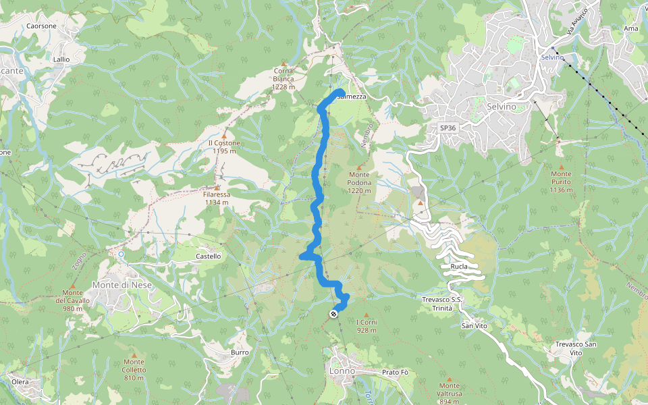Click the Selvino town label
coord(501,107)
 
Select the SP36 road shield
coord(448,128)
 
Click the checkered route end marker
coord(333,314)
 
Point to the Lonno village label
coord(342,371)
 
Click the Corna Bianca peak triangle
coord(284,63)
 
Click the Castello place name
coord(208,256)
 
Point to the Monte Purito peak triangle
coord(560,166)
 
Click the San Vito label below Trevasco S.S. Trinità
coord(475,326)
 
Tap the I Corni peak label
coord(367,327)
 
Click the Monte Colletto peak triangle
coord(134,354)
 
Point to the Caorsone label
coord(41,26)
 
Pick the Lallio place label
coord(61,59)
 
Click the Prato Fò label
coord(396,373)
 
